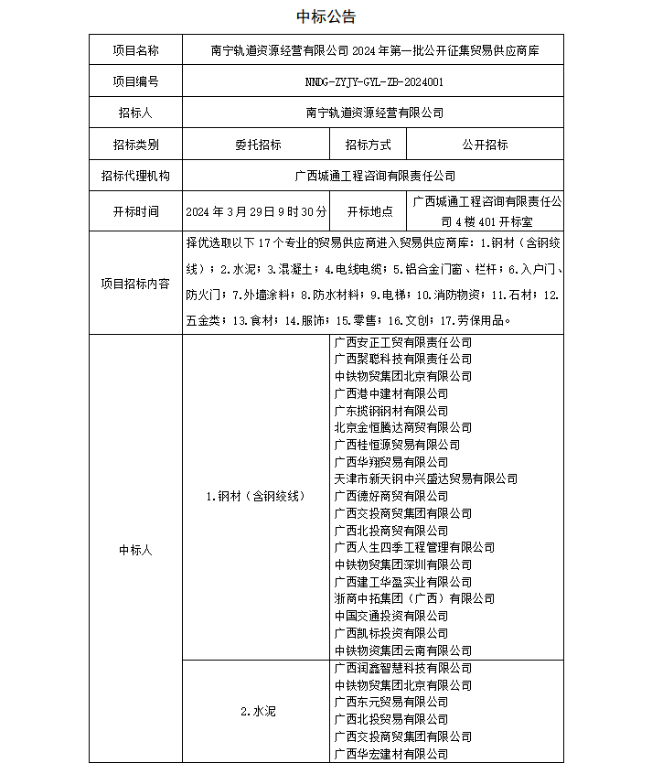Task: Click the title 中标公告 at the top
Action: [326, 16]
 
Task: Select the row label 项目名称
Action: [135, 50]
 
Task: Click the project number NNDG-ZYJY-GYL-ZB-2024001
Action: [374, 81]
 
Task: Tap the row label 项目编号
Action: [135, 81]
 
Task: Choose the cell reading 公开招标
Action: [486, 145]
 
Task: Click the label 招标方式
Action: [369, 145]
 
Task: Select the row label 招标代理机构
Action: [135, 176]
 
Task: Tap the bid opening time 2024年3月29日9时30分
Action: [256, 211]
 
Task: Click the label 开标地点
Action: [369, 211]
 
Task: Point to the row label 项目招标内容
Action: [135, 284]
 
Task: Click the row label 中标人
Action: [135, 550]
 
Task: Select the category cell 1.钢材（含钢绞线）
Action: [255, 496]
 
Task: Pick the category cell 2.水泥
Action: [255, 711]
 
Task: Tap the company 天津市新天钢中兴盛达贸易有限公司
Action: [425, 478]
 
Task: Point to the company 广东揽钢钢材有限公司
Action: [391, 411]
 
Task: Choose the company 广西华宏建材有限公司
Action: [391, 754]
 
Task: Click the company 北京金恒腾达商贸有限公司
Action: [402, 427]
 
